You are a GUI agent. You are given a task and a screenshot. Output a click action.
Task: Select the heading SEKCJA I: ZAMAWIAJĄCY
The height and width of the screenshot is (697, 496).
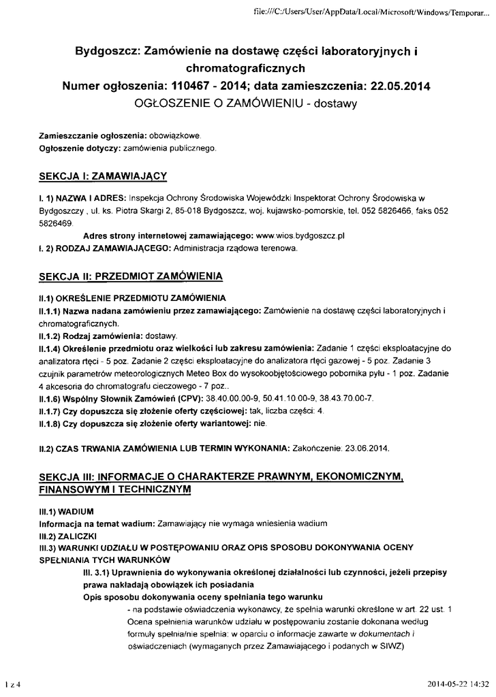coord(103,176)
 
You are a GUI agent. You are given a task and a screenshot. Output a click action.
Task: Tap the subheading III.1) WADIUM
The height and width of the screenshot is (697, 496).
coord(66,510)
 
